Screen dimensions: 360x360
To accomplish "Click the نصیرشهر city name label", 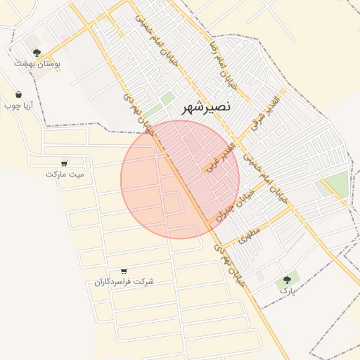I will pos(211,108).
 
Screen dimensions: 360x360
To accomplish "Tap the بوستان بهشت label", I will pos(37,63).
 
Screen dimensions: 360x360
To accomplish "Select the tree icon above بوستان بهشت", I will pos(37,52).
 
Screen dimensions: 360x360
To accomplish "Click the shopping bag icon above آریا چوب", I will pos(18,94).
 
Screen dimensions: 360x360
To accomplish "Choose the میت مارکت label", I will pos(65,173).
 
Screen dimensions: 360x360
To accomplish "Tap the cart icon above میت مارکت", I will pos(65,162).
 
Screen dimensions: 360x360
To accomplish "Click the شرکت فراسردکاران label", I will pos(124,281).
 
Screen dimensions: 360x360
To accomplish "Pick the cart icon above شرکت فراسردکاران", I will pos(124,271).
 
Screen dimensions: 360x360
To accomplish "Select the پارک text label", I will pos(286,289).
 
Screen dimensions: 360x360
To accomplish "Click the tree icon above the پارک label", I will pos(286,278).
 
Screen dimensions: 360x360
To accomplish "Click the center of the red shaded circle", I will pos(180,179).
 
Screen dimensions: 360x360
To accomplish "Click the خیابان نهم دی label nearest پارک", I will pos(229,263).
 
